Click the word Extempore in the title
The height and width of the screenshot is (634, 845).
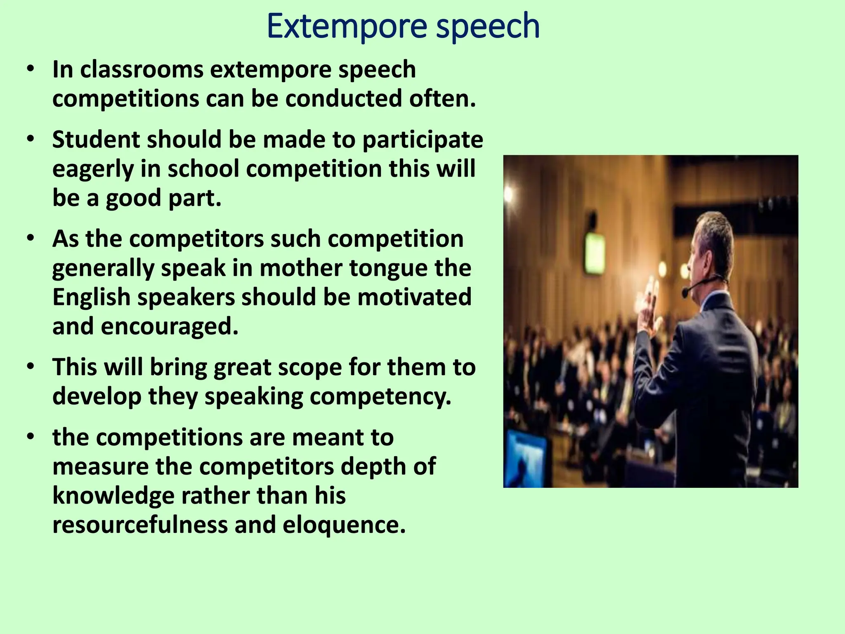point(346,26)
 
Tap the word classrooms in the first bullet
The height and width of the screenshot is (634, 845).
point(142,69)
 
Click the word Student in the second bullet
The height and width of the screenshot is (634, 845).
point(96,140)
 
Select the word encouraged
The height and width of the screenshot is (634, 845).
point(170,326)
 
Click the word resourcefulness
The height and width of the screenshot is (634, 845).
point(140,525)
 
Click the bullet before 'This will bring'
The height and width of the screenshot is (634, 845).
point(30,367)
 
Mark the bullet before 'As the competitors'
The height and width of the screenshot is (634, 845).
point(30,239)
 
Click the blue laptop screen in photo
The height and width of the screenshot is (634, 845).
point(524,458)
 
